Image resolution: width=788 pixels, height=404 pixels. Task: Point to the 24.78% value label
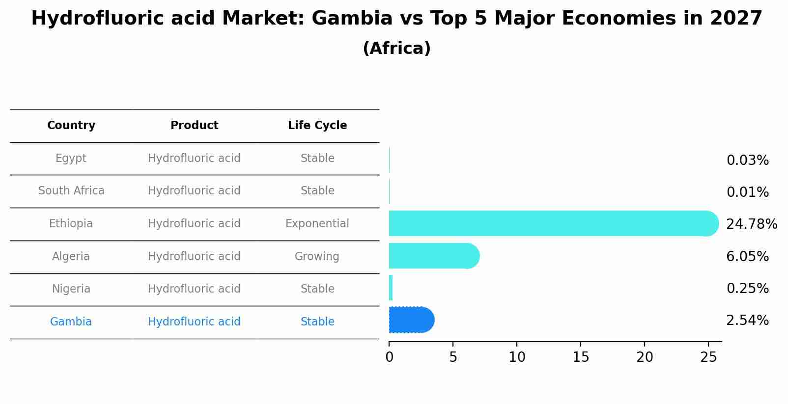[751, 224]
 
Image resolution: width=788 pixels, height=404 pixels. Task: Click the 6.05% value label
[747, 257]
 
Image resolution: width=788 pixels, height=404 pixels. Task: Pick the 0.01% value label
[747, 192]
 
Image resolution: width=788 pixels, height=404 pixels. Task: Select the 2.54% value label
[747, 321]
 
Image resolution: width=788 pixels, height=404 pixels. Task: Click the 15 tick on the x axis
[581, 357]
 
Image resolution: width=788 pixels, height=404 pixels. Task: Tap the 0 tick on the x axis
[389, 357]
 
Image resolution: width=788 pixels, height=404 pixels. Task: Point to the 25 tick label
[708, 357]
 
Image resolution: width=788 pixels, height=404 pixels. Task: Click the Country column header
[71, 126]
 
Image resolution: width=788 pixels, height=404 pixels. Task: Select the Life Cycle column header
[317, 126]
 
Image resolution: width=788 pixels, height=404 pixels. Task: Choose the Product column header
[194, 126]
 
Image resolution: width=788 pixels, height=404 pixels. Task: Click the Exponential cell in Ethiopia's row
[317, 224]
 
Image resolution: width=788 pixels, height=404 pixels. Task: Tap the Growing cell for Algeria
[317, 256]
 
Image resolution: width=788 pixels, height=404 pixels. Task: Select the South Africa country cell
[71, 191]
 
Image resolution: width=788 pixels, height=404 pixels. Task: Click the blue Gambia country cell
[71, 322]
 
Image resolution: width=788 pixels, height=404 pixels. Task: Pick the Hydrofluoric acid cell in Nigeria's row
[194, 289]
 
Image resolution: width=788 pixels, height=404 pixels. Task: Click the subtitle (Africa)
[396, 49]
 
